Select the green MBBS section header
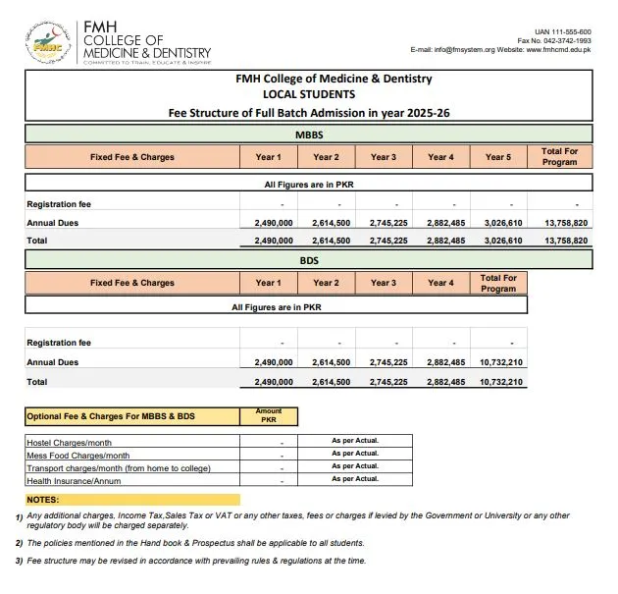pyautogui.click(x=308, y=134)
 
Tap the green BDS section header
pyautogui.click(x=308, y=259)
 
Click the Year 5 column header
pyautogui.click(x=498, y=157)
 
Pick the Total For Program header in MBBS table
pyautogui.click(x=559, y=157)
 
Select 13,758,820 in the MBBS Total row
pyautogui.click(x=565, y=240)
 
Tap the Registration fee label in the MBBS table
pyautogui.click(x=59, y=204)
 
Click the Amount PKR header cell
pyautogui.click(x=268, y=416)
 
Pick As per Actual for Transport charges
pyautogui.click(x=354, y=466)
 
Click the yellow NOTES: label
pyautogui.click(x=43, y=500)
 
